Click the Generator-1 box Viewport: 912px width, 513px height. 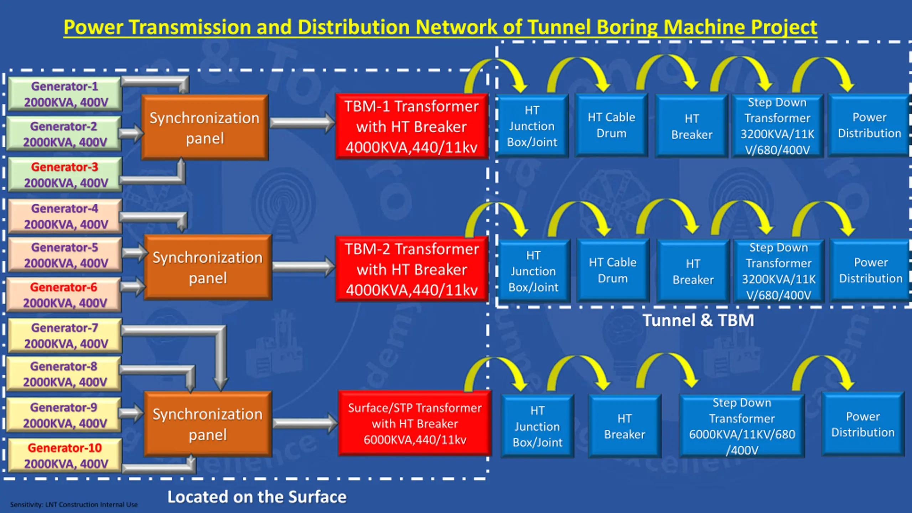tap(65, 94)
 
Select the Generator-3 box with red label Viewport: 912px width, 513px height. tap(65, 175)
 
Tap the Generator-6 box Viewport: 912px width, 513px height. tap(64, 295)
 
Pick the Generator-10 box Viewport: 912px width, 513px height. tap(65, 456)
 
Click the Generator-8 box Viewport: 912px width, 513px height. tap(64, 374)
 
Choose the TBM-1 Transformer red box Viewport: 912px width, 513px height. tap(412, 126)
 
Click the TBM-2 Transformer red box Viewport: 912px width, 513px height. tap(412, 269)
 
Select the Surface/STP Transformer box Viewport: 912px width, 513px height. tap(415, 423)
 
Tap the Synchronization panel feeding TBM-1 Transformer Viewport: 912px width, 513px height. tap(205, 128)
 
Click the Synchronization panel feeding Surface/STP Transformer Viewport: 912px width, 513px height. tap(208, 424)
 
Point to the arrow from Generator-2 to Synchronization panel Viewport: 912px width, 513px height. tap(131, 134)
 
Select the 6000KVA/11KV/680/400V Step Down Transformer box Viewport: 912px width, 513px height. tap(742, 426)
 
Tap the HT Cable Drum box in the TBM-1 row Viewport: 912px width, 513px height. tap(611, 125)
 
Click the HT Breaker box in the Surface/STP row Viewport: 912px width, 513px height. tap(625, 426)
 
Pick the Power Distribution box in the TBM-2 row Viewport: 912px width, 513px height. tap(871, 270)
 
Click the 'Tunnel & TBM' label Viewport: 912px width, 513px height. tap(698, 320)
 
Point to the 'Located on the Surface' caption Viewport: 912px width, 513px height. tap(257, 497)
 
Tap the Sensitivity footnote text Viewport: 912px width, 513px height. tap(74, 504)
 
